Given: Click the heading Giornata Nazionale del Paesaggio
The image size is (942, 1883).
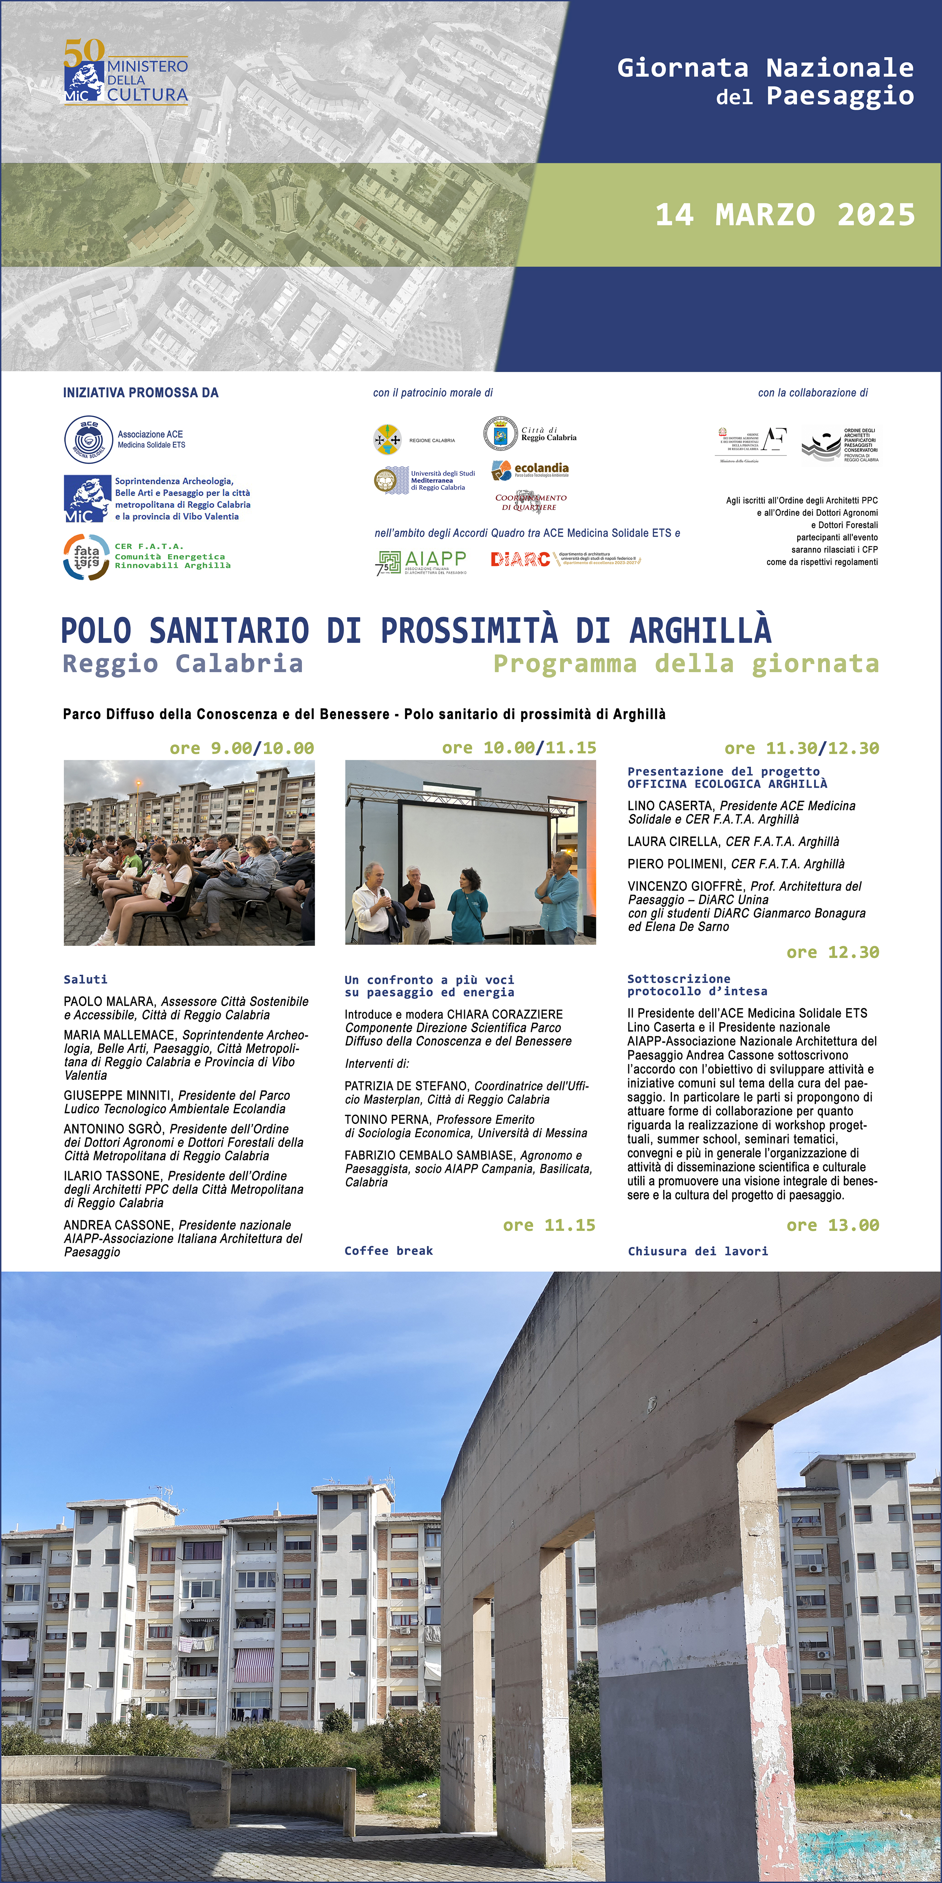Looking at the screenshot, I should [x=765, y=81].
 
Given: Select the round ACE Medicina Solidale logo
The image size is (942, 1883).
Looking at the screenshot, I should [x=89, y=439].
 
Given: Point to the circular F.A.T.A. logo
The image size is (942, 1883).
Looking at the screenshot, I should [x=86, y=557].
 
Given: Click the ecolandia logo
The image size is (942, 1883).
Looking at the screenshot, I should [x=530, y=469].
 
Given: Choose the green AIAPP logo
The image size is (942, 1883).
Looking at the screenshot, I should [x=421, y=561].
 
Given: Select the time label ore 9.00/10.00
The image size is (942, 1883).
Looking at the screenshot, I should [x=241, y=748].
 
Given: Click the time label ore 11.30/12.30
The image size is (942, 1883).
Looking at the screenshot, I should [x=801, y=748].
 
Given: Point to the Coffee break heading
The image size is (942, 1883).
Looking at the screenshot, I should [x=388, y=1251].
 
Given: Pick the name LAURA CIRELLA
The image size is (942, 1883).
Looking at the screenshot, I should [x=673, y=841].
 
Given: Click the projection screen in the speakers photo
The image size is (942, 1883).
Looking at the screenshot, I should [x=476, y=841].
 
